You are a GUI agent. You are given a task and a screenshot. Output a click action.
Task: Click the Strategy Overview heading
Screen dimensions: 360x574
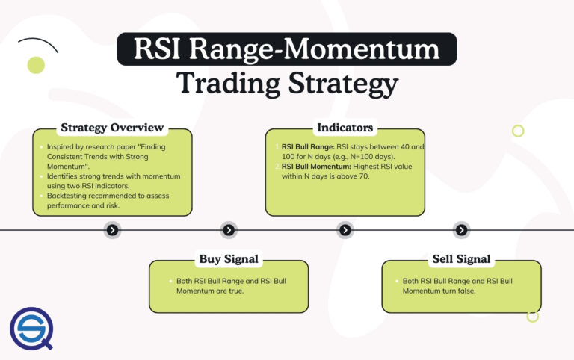tap(111, 128)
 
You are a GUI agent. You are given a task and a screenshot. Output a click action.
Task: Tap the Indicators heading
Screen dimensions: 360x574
tap(345, 128)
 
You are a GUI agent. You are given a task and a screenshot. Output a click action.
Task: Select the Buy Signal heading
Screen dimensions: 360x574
tap(229, 259)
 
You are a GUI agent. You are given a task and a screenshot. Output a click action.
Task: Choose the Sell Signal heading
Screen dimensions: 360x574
tap(462, 259)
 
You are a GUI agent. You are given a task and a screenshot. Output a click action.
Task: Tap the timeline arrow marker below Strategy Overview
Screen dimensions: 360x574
tap(112, 230)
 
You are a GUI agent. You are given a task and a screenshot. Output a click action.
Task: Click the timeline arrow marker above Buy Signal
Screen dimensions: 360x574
tap(229, 230)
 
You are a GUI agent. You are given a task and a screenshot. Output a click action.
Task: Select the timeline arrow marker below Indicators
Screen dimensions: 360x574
tap(345, 230)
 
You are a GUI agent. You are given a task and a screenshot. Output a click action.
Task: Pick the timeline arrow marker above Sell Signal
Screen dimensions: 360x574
tap(462, 230)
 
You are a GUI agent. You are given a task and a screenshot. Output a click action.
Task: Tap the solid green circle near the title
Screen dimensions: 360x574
tap(36, 65)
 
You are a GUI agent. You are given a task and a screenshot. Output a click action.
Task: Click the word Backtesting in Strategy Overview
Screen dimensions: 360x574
tap(62, 196)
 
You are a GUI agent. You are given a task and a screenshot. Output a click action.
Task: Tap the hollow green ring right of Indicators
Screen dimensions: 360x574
tap(518, 131)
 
